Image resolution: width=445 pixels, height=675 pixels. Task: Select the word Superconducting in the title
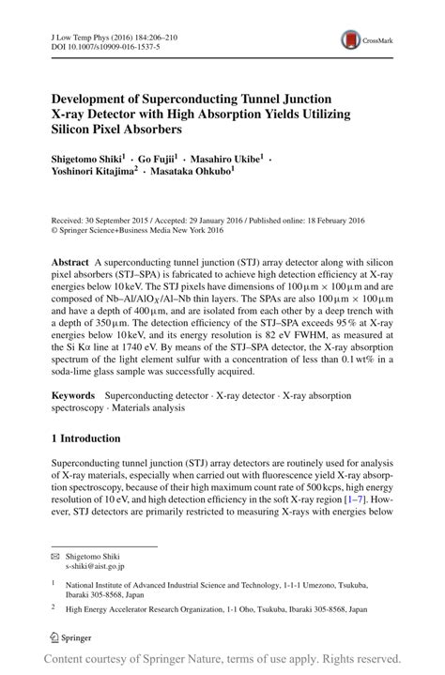click(187, 98)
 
